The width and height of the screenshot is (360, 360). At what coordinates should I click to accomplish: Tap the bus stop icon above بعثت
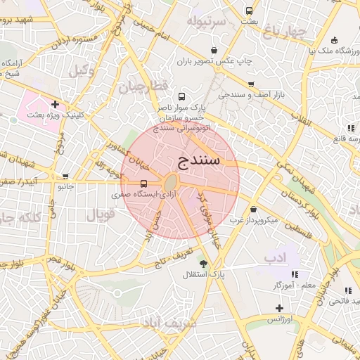point(249,11)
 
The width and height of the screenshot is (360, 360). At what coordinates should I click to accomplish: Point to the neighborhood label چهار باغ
point(286,30)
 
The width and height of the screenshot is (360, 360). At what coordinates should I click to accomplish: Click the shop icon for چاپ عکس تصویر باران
point(214,51)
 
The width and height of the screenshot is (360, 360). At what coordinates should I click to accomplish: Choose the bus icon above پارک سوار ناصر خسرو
point(182,97)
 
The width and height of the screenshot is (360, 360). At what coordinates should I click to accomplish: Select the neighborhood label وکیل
point(82,70)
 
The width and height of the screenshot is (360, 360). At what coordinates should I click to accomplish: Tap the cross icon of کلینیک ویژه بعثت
point(55,104)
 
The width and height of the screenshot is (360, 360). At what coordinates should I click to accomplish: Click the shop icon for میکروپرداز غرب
point(253,209)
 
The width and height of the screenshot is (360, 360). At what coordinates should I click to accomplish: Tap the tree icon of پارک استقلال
point(203,264)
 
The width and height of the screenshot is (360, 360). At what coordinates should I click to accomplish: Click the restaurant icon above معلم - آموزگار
point(295,274)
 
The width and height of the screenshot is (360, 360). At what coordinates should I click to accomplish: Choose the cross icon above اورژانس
point(279,308)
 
